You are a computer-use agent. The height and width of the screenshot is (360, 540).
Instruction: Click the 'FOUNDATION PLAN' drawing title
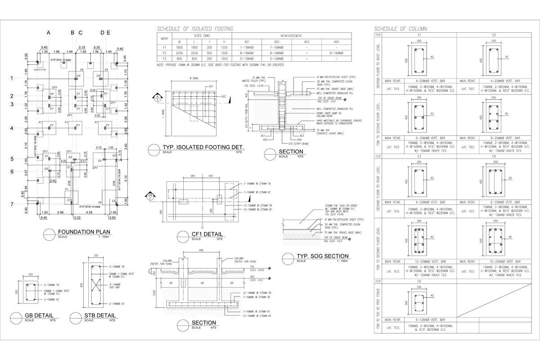point(84,232)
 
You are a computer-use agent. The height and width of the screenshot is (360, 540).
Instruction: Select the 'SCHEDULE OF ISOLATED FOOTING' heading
point(194,29)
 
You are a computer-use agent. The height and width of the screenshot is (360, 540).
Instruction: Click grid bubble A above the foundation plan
point(49,32)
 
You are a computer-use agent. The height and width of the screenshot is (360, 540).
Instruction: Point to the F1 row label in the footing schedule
point(164,47)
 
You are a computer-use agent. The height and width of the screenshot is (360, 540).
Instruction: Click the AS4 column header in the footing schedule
point(336,41)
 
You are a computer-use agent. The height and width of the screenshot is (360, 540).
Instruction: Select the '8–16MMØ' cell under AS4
point(336,53)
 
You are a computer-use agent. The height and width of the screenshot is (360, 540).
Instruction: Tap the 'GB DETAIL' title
point(39,315)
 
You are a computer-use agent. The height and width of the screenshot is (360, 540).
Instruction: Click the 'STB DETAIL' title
point(99,315)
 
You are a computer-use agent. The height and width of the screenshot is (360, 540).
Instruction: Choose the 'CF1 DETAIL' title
point(207,234)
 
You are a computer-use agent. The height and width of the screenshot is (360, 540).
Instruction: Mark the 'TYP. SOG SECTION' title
point(322,256)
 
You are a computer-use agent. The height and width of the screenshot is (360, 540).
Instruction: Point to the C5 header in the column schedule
point(419,281)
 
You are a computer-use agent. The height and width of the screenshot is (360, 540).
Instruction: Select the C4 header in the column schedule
point(494,156)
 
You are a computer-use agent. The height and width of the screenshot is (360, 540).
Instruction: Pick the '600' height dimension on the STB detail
point(82,285)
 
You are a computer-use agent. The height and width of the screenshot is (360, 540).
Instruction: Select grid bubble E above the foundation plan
point(108,32)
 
